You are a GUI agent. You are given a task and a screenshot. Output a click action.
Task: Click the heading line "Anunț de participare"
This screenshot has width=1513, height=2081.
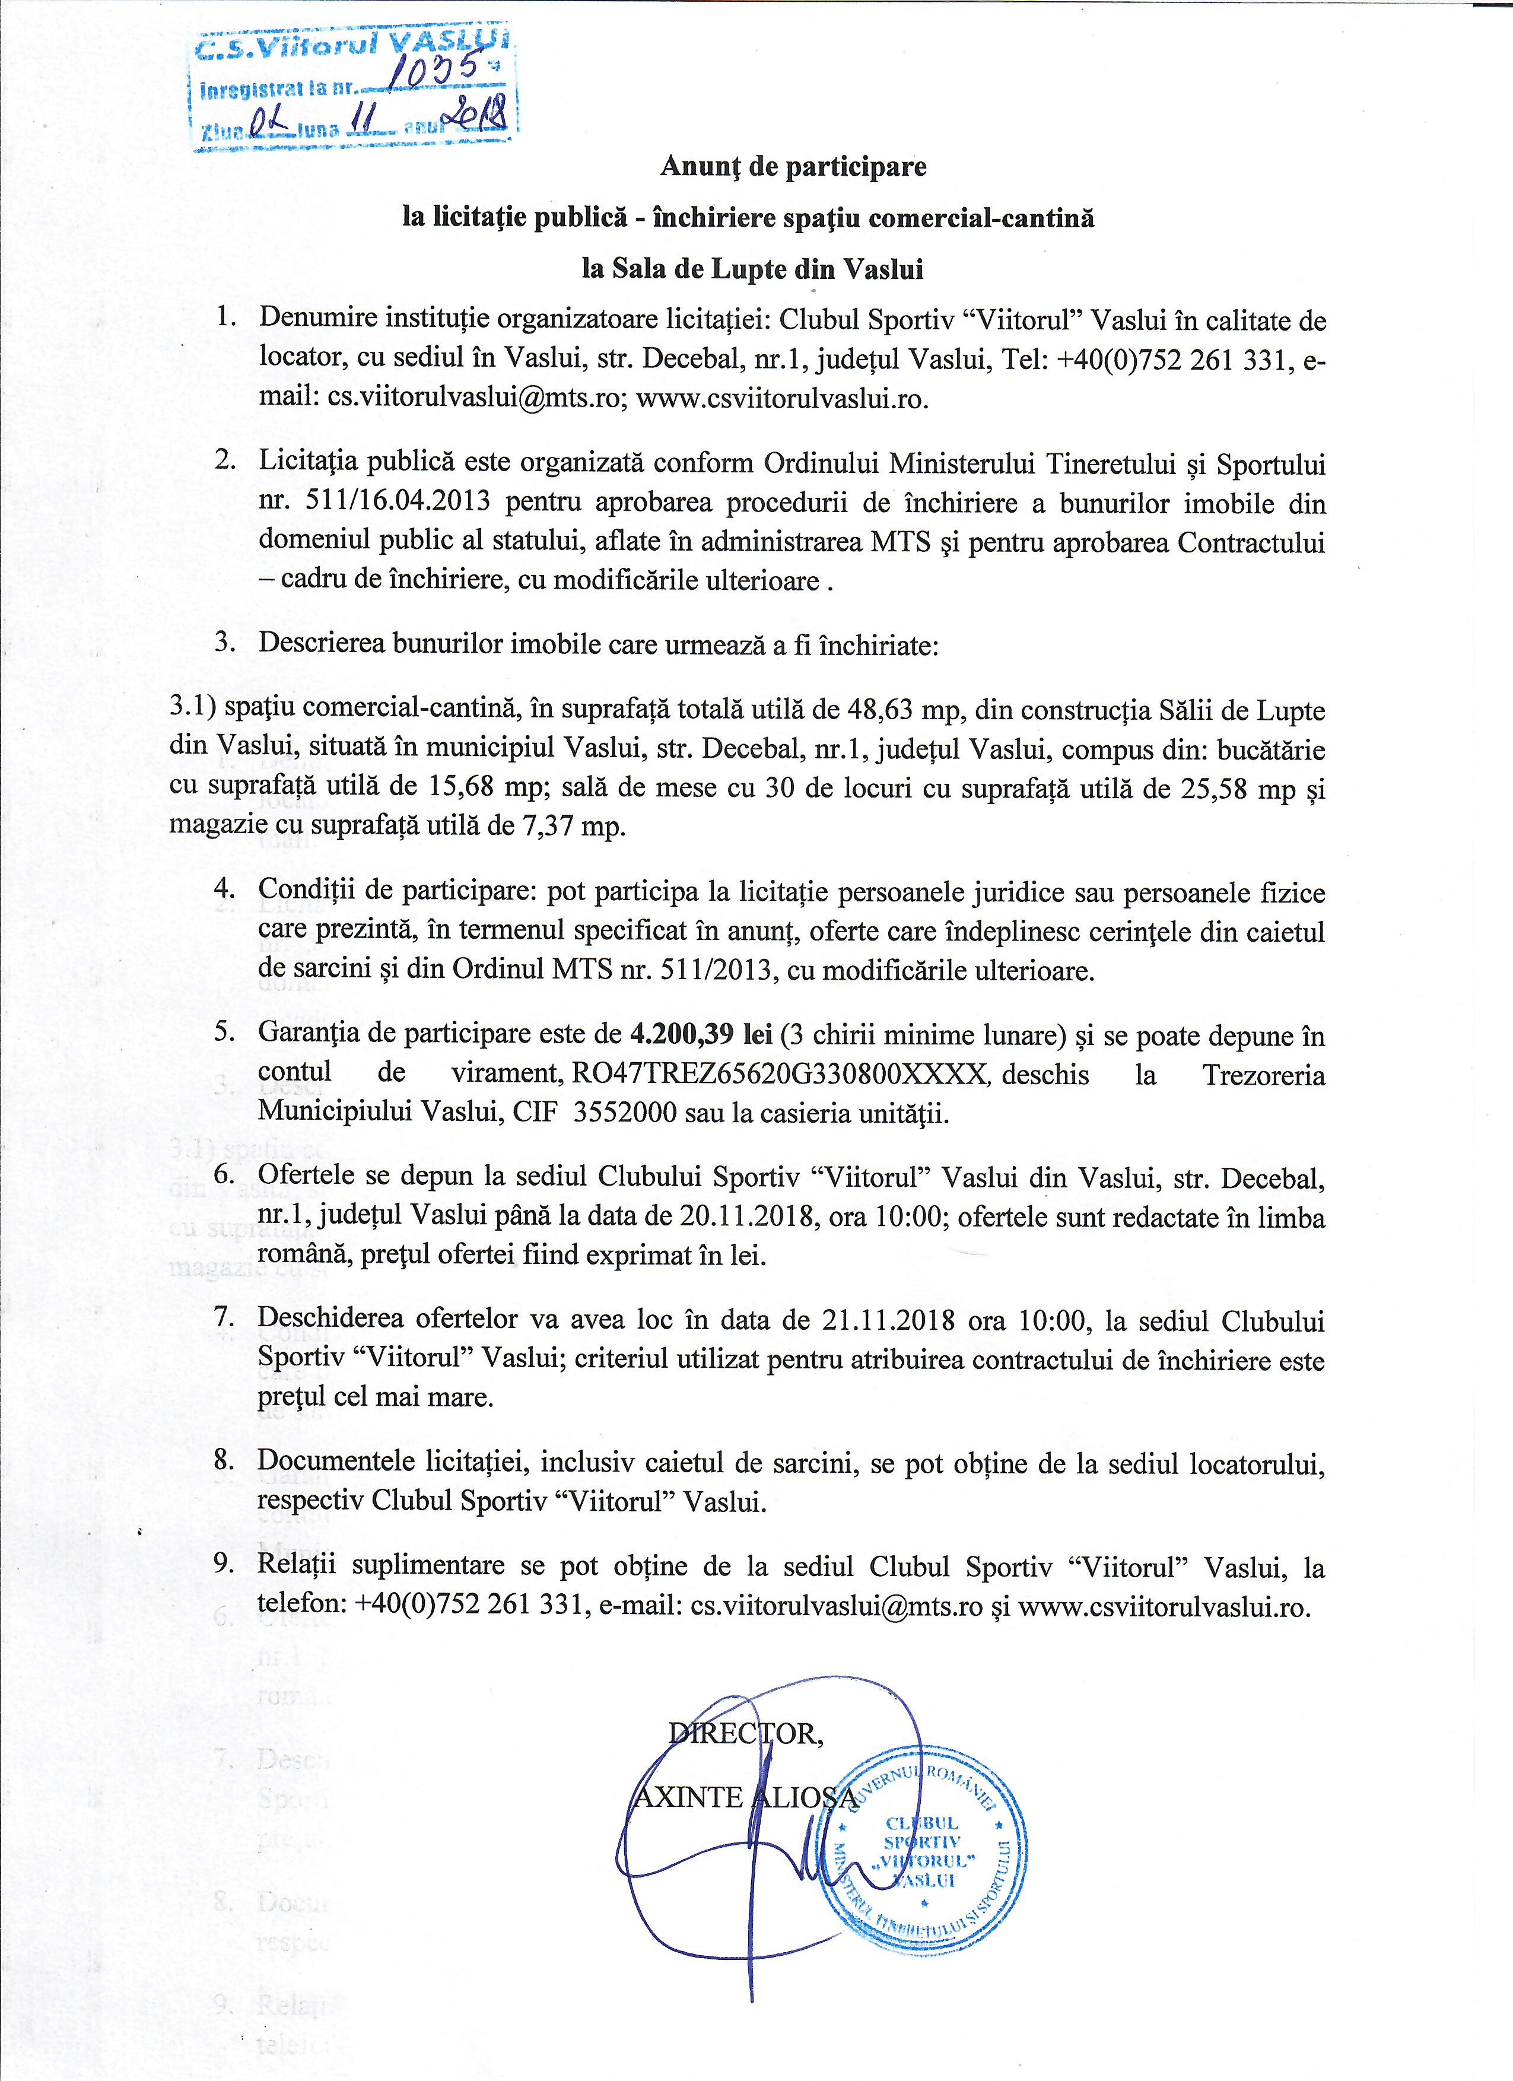(x=794, y=167)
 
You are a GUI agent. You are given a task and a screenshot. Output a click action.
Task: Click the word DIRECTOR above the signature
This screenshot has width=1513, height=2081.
(x=746, y=1731)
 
